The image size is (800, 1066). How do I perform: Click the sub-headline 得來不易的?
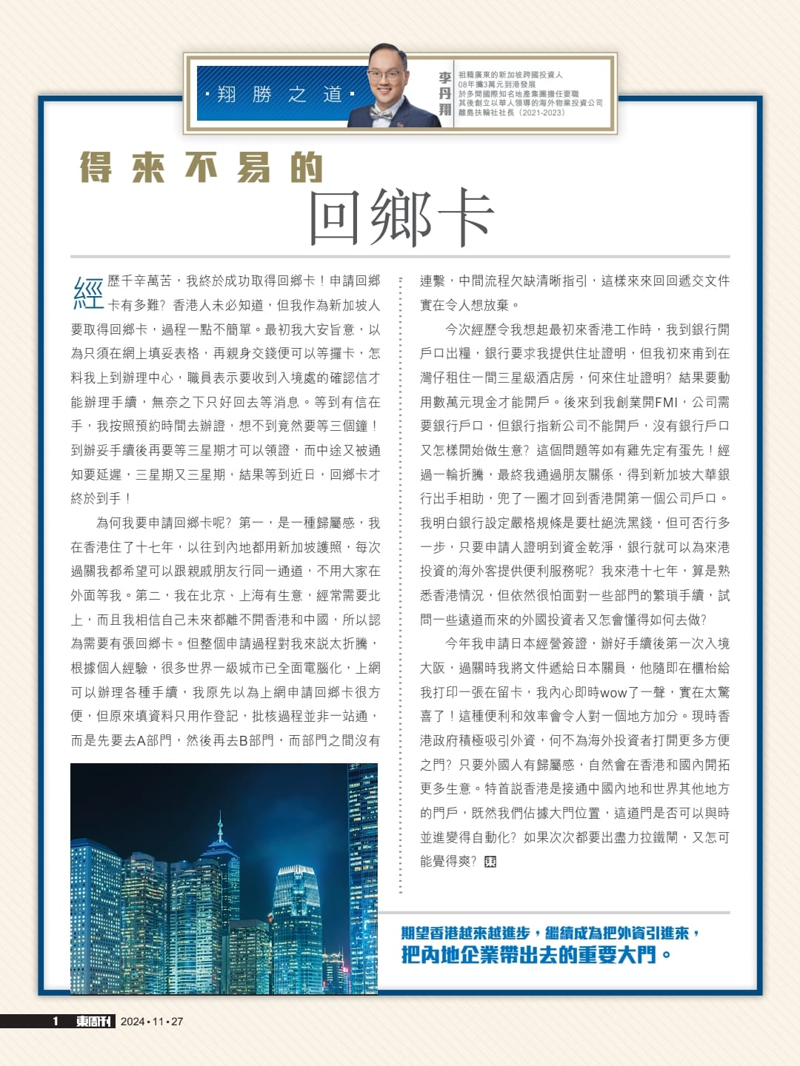(x=201, y=167)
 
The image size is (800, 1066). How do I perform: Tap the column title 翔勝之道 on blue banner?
(x=279, y=94)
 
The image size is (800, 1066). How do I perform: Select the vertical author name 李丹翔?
(x=444, y=93)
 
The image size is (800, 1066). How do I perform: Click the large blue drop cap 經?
(x=87, y=292)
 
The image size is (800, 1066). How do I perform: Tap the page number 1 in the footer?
(x=56, y=1021)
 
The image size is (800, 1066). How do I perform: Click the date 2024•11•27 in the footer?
(x=152, y=1021)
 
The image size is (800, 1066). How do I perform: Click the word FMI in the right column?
(x=665, y=402)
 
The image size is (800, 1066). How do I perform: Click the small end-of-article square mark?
(x=490, y=862)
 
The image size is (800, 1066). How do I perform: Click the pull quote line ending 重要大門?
(x=536, y=955)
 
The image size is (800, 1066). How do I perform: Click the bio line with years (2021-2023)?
(x=511, y=113)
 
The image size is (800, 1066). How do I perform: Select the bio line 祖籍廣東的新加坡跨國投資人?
(x=510, y=75)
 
